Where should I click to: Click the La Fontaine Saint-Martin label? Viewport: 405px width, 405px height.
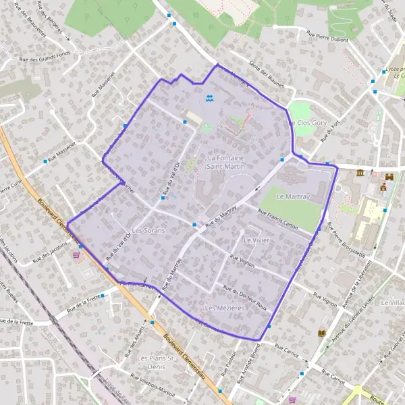[225, 161]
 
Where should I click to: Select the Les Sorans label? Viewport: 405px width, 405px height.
[148, 231]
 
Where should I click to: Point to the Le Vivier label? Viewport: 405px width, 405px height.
[256, 240]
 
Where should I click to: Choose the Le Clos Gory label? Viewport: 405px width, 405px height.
[307, 124]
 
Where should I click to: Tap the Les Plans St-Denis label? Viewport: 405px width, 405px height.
[157, 361]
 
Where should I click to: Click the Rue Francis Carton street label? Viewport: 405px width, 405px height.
[277, 219]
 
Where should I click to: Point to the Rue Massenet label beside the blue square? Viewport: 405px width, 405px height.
[61, 155]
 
